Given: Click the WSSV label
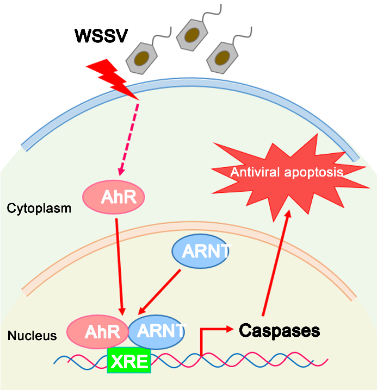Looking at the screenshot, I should click(101, 36).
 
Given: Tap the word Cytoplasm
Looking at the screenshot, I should click(39, 208).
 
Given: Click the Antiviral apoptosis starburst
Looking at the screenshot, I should click(286, 172).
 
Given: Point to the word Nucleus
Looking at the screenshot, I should click(32, 336).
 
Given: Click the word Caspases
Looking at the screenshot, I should click(280, 330).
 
